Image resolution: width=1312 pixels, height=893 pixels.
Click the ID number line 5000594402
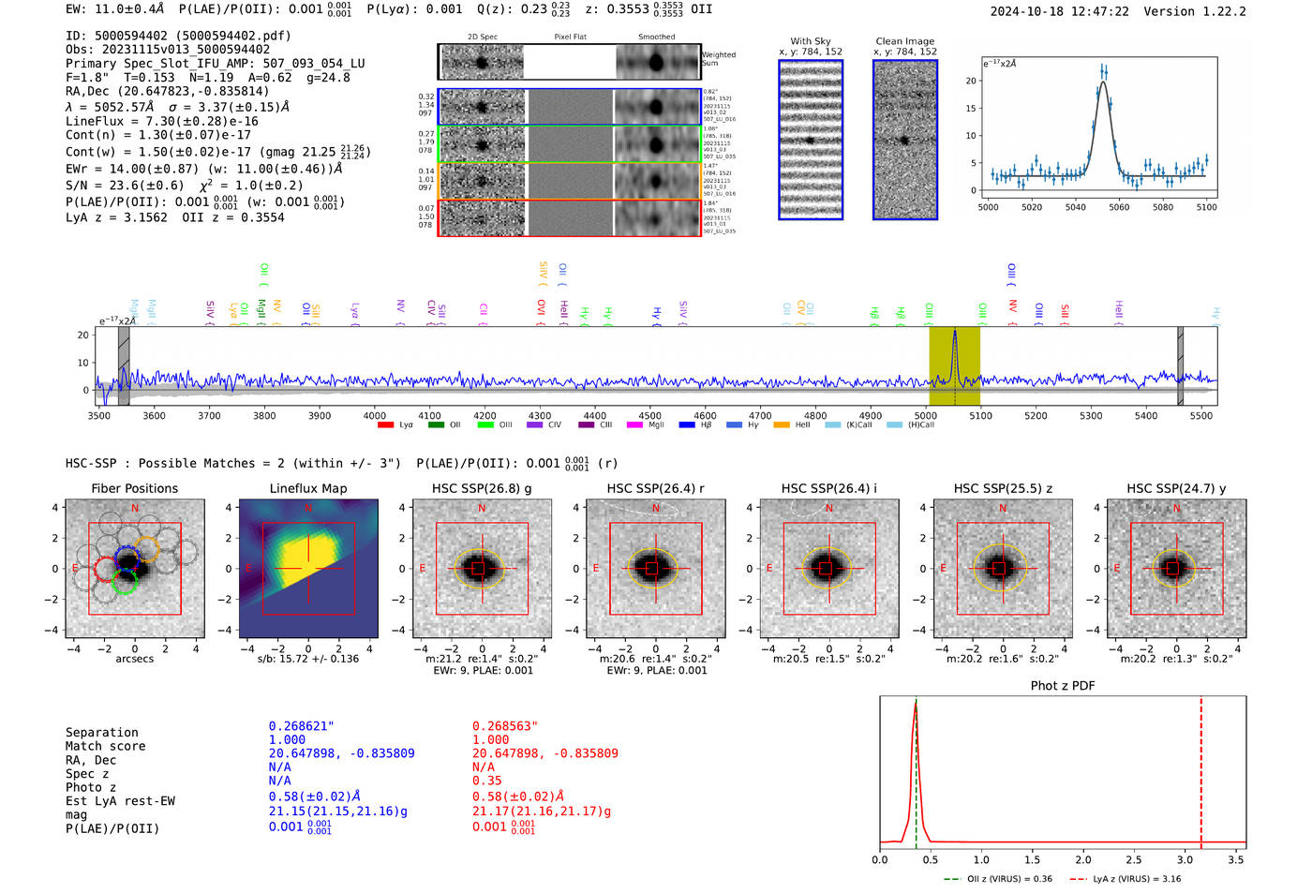[x=178, y=36]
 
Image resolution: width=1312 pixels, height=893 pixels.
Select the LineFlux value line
[x=161, y=121]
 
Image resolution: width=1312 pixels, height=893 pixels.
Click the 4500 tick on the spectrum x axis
[x=649, y=415]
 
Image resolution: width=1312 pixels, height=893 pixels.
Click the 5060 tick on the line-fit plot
[x=1119, y=207]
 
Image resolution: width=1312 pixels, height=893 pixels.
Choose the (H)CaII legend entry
[x=913, y=425]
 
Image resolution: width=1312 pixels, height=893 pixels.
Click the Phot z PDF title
[x=1062, y=686]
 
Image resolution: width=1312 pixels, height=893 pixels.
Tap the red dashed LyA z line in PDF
[x=1200, y=768]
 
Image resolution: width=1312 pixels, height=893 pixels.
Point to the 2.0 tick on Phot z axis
[x=1082, y=859]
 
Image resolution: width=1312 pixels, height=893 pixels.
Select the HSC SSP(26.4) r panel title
[x=655, y=488]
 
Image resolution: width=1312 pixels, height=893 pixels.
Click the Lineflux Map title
[x=308, y=488]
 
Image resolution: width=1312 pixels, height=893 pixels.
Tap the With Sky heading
[x=810, y=41]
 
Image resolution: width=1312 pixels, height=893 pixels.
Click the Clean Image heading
[x=904, y=41]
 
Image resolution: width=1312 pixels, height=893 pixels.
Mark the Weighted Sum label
[x=719, y=59]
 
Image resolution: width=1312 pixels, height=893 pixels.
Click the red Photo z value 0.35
[x=486, y=781]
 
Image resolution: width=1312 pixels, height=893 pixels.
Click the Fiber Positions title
[x=134, y=488]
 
